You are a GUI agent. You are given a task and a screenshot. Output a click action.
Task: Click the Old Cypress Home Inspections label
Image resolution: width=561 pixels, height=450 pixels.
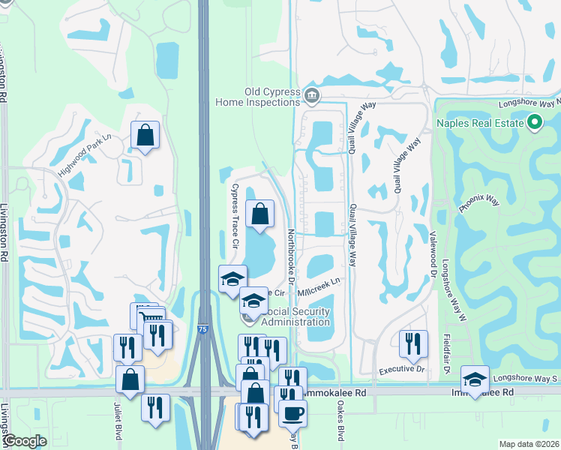click(258, 97)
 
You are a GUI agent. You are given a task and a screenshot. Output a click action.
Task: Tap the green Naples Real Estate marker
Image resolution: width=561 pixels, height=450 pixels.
click(535, 121)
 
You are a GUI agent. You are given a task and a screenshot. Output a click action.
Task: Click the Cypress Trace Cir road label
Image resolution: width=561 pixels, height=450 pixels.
click(234, 217)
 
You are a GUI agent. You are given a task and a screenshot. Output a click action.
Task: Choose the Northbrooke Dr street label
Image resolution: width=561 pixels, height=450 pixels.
click(290, 256)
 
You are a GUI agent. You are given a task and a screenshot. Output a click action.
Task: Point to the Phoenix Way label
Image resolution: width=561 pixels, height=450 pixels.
click(478, 205)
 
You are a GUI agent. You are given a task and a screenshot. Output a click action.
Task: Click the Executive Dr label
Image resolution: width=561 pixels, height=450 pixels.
click(401, 370)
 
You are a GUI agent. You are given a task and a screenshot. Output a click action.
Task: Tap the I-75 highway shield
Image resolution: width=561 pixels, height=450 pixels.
click(203, 329)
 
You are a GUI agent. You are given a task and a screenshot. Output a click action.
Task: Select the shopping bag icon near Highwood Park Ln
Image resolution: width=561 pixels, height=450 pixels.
click(145, 135)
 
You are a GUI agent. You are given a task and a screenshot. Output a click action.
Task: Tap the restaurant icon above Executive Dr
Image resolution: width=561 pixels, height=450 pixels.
click(413, 343)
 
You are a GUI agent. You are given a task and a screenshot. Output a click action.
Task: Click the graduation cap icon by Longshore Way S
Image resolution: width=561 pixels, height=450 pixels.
click(475, 378)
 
